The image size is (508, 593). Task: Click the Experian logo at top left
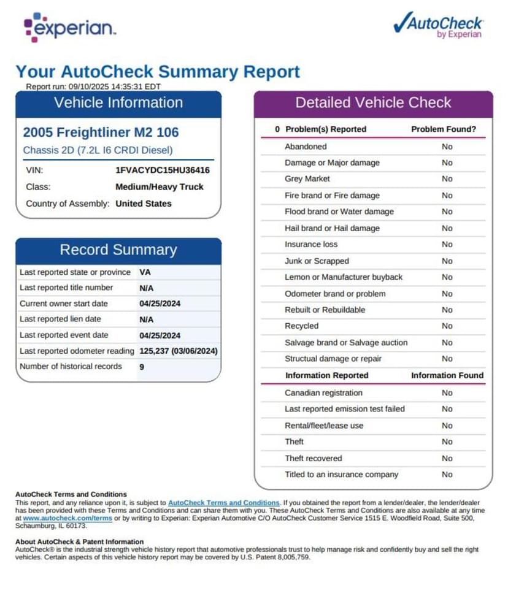(x=69, y=27)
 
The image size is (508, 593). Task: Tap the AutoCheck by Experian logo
(x=437, y=26)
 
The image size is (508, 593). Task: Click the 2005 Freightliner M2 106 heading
(x=101, y=132)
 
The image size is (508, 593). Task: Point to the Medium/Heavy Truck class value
(x=159, y=187)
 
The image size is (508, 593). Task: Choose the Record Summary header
(x=118, y=250)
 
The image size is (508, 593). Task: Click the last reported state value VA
(x=145, y=272)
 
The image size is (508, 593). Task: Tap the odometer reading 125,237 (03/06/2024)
(x=179, y=351)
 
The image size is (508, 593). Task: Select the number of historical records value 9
(x=142, y=367)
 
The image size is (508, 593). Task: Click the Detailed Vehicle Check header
(x=373, y=102)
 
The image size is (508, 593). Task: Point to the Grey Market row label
(x=307, y=179)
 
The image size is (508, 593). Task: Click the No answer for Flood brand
(x=447, y=212)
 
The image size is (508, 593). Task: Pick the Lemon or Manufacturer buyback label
(x=344, y=277)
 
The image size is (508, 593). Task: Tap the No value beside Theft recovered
(x=447, y=458)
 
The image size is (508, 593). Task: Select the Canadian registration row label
(x=323, y=392)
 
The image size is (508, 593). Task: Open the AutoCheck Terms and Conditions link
(x=223, y=502)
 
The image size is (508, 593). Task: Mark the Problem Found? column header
(x=443, y=129)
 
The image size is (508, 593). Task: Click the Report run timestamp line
(x=93, y=86)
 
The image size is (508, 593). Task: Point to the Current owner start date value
(x=160, y=304)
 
